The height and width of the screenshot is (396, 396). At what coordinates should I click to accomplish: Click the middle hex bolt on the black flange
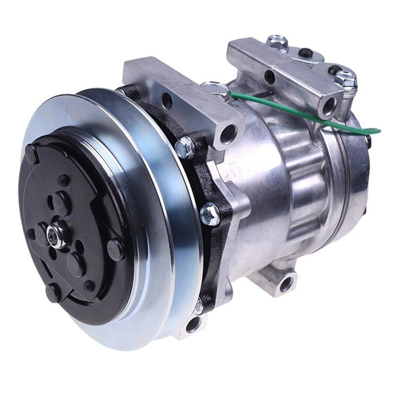point(210,213)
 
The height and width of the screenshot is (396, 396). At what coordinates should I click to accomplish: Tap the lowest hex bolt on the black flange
point(199,306)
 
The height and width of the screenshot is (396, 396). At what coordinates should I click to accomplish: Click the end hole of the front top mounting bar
point(228,136)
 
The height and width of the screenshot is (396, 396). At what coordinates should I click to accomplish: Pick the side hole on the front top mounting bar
point(167,101)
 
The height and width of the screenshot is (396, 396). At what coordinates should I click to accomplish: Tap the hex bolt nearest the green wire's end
point(344,79)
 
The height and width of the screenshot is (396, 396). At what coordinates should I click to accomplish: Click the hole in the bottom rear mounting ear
point(286,284)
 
